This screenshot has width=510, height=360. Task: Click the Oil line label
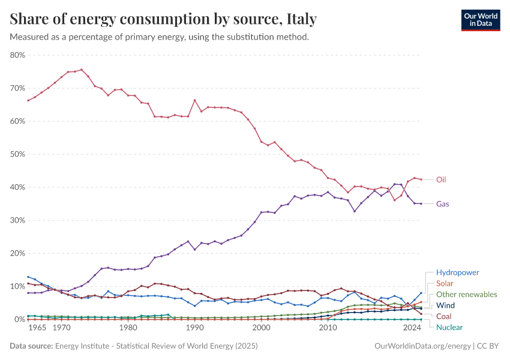pyautogui.click(x=441, y=179)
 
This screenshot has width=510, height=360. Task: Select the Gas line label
pyautogui.click(x=443, y=204)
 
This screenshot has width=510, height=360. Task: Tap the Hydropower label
pyautogui.click(x=457, y=272)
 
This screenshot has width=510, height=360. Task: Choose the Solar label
pyautogui.click(x=445, y=283)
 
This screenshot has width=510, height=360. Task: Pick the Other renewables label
pyautogui.click(x=466, y=295)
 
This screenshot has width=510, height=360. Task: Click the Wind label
pyautogui.click(x=445, y=305)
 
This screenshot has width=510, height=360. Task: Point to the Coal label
pyautogui.click(x=445, y=316)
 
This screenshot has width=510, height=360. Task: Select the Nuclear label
pyautogui.click(x=449, y=327)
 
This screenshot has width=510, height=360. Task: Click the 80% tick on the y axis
pyautogui.click(x=17, y=55)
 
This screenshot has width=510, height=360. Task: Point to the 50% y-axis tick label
pyautogui.click(x=17, y=154)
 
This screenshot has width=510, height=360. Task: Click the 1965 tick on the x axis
pyautogui.click(x=38, y=328)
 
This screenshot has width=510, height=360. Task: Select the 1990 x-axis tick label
pyautogui.click(x=194, y=328)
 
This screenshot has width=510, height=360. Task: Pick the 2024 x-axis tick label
pyautogui.click(x=412, y=328)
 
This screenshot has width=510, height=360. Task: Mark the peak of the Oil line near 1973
pyautogui.click(x=82, y=70)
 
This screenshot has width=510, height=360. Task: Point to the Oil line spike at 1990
pyautogui.click(x=194, y=100)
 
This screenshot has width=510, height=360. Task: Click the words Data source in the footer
pyautogui.click(x=31, y=346)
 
